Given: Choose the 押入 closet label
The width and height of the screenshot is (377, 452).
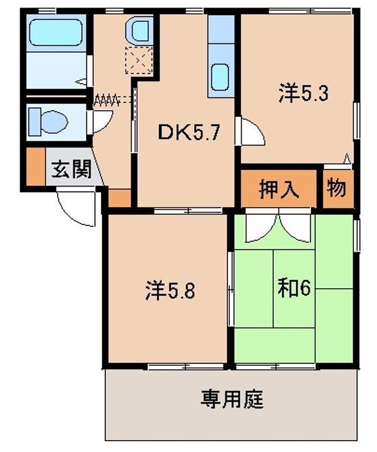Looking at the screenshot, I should tap(278, 188).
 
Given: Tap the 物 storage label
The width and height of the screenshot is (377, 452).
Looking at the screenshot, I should tap(338, 188).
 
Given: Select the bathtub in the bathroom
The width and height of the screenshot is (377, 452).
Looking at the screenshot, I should tap(57, 33).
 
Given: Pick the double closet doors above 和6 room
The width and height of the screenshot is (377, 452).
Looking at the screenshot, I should tap(278, 228).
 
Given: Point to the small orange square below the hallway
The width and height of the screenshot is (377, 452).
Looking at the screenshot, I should tap(119, 197).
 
